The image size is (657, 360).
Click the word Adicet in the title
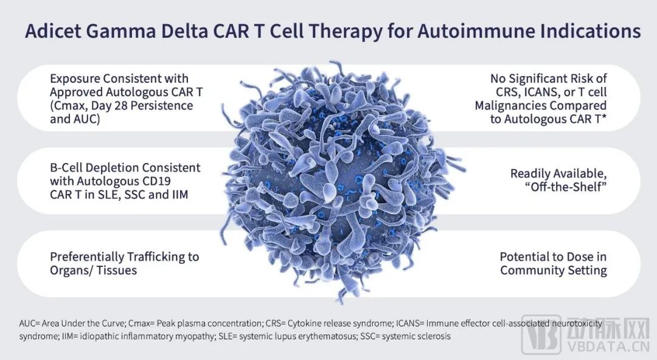tap(53, 32)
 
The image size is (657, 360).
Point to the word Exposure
tap(75, 79)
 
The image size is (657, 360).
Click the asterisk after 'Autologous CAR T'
tap(604, 117)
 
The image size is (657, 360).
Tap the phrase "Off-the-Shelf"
tap(566, 187)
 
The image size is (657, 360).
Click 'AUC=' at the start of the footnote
tap(29, 324)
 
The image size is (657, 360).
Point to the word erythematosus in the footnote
tap(330, 336)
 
